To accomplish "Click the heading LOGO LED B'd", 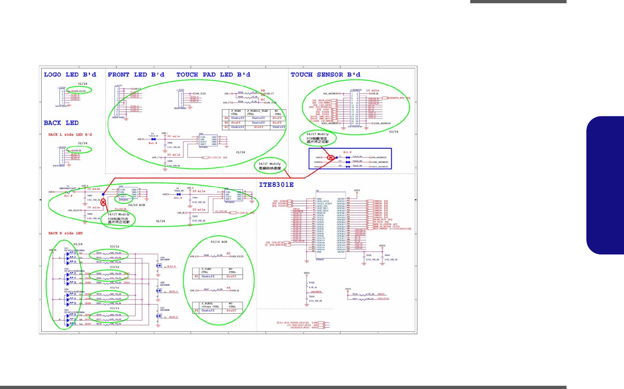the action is pyautogui.click(x=70, y=75).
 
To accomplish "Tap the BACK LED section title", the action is pyautogui.click(x=61, y=123).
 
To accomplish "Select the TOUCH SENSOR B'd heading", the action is pyautogui.click(x=325, y=75).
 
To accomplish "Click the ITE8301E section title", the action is pyautogui.click(x=276, y=185).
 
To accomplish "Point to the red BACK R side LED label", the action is pyautogui.click(x=65, y=233).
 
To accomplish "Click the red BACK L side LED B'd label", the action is pyautogui.click(x=70, y=135).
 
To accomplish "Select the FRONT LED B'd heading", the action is pyautogui.click(x=136, y=75).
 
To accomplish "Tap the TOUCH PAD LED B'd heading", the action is pyautogui.click(x=213, y=75).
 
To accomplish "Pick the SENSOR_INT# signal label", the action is pyautogui.click(x=397, y=98).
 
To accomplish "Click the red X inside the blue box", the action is pyautogui.click(x=331, y=157).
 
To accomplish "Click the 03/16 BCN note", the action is pyautogui.click(x=219, y=242).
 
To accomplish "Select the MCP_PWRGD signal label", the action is pyautogui.click(x=381, y=229).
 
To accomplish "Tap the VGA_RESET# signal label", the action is pyautogui.click(x=276, y=245).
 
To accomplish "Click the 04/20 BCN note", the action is pyautogui.click(x=136, y=205).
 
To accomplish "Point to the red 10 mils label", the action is pyautogui.click(x=372, y=90).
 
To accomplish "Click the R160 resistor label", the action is pyautogui.click(x=312, y=282).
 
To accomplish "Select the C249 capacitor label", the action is pyautogui.click(x=387, y=255).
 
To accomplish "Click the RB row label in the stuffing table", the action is pyautogui.click(x=227, y=122).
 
